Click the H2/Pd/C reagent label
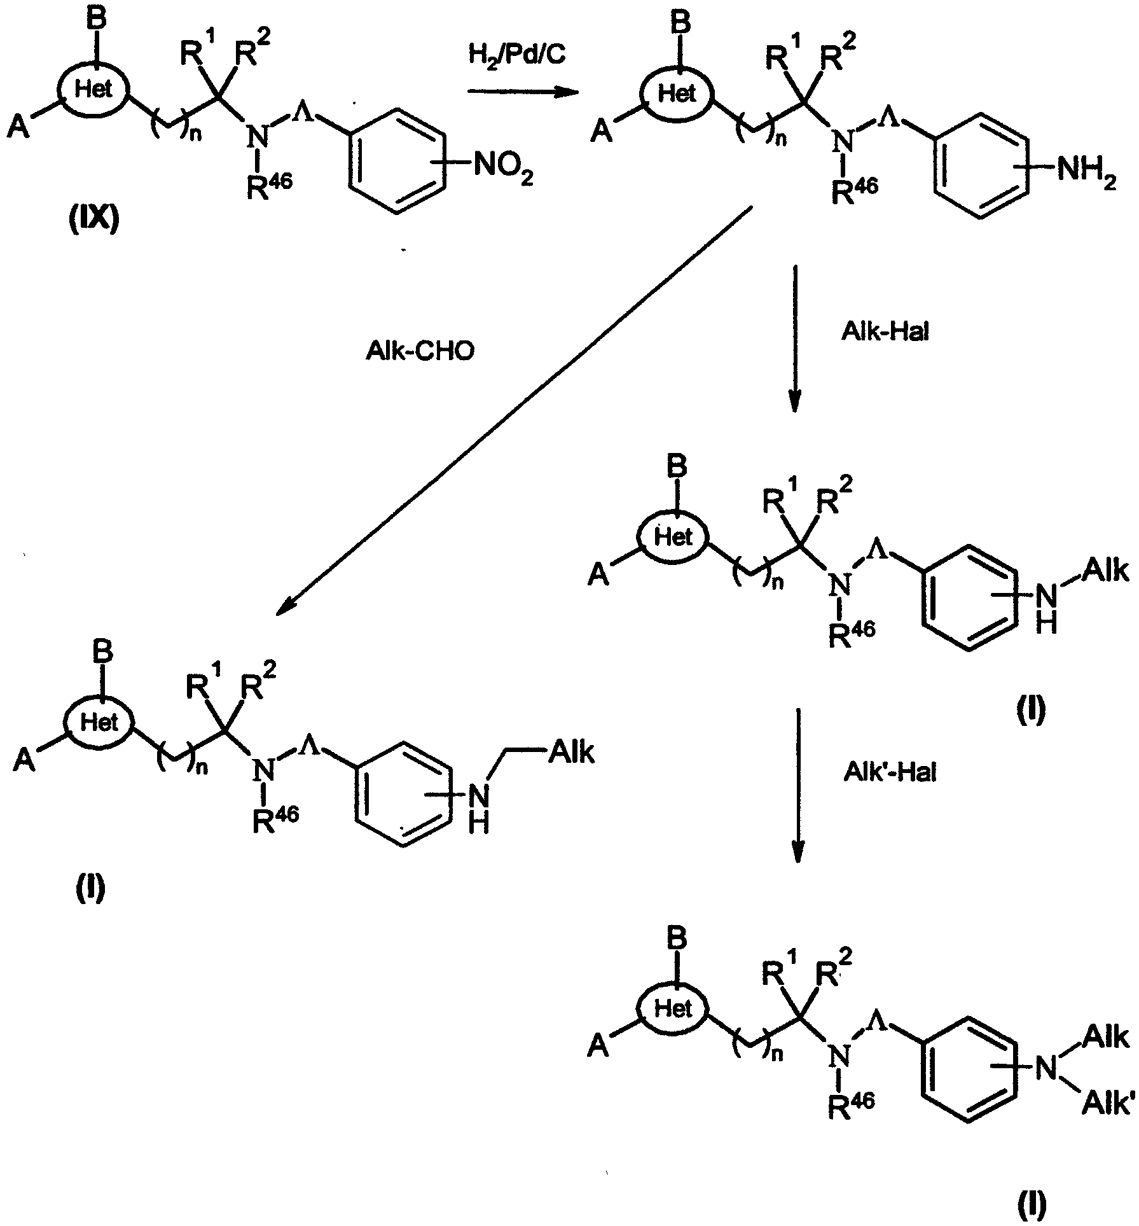point(516,57)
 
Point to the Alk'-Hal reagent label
point(888,772)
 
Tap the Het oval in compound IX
point(94,89)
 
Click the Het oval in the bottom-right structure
point(673,1008)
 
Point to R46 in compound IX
point(270,186)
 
